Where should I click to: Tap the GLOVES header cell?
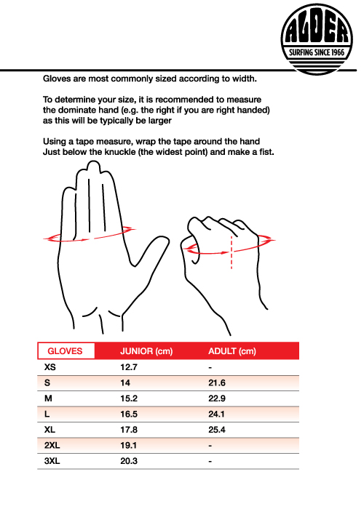pos(65,351)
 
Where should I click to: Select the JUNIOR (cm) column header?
pos(146,351)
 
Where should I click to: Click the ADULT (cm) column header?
pos(232,351)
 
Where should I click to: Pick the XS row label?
pos(50,367)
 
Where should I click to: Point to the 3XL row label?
pos(52,460)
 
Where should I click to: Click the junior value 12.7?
pos(129,367)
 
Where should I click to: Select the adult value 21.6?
pos(218,382)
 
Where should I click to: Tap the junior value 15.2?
pos(129,398)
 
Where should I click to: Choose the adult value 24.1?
pos(218,414)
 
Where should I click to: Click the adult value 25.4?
pos(218,429)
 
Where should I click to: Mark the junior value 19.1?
pos(129,445)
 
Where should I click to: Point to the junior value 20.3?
pos(129,460)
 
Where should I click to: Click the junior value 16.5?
pos(129,414)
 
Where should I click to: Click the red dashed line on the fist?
pos(230,252)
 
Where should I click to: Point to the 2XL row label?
pos(52,445)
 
